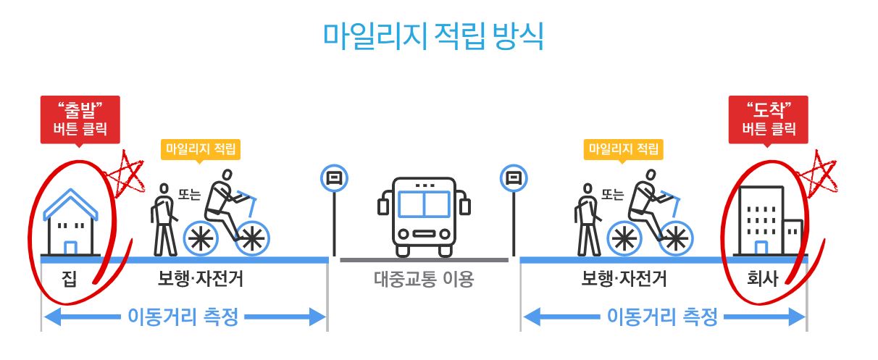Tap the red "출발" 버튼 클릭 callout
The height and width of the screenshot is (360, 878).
coord(80,119)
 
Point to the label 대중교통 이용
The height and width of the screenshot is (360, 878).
coord(424,279)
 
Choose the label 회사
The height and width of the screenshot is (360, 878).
coord(763,279)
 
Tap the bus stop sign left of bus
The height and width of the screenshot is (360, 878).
coord(334,177)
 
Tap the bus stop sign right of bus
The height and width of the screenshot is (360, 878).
coord(513,177)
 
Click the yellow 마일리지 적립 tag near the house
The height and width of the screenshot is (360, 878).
coord(201,149)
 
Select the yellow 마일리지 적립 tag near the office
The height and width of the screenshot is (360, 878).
coord(624,149)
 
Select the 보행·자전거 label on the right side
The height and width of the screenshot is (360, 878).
coord(624,279)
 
